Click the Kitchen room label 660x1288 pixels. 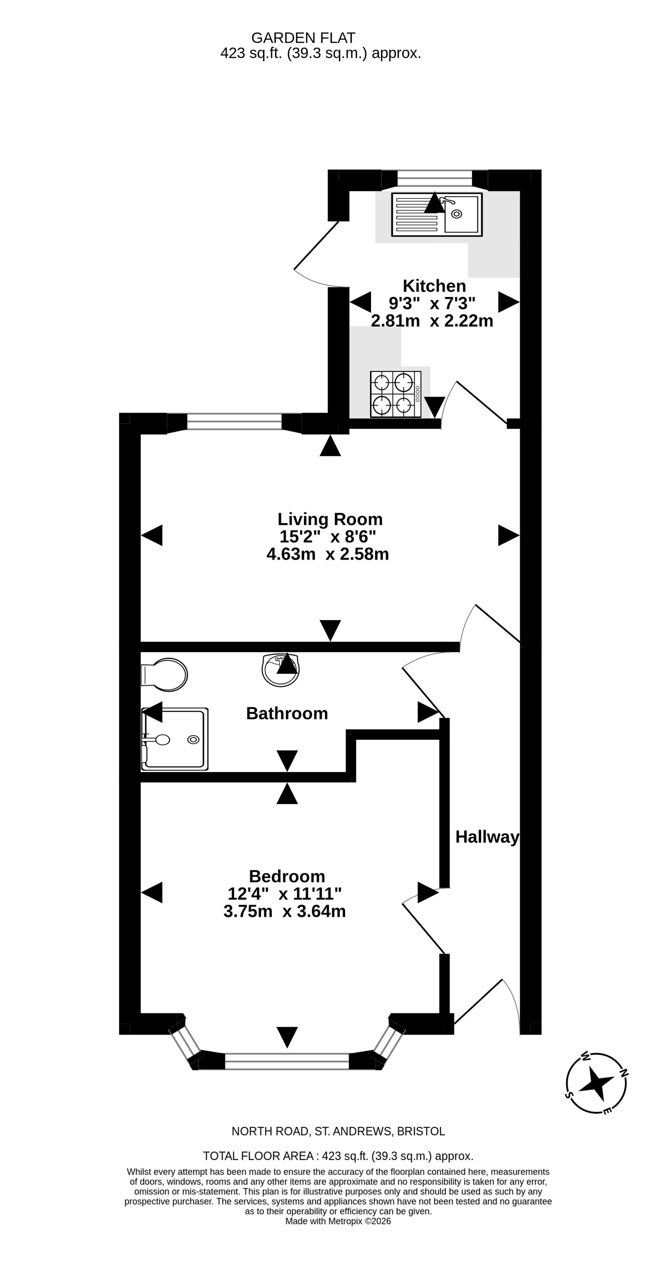pos(434,286)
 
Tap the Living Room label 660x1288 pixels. pos(330,519)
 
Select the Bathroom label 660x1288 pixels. pos(287,713)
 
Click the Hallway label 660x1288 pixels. pos(487,837)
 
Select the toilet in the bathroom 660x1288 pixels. pos(164,675)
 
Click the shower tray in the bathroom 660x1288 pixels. pos(175,739)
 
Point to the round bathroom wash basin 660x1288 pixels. pos(281,670)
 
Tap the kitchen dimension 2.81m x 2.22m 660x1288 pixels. pos(432,321)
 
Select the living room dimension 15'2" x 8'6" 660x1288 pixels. pos(328,536)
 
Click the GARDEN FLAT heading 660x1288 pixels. pos(303,38)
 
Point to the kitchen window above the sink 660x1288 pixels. pos(435,178)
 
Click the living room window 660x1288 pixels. pos(234,422)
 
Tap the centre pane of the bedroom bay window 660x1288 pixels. pos(287,1061)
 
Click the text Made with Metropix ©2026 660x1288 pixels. pos(338,1221)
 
